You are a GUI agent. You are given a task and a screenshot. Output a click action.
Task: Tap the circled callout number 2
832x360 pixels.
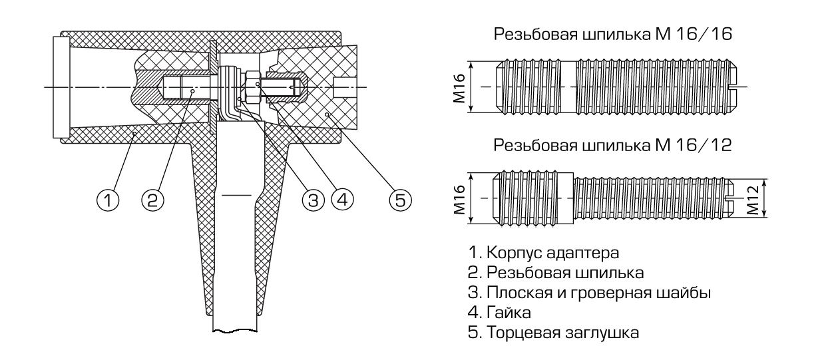coord(152,198)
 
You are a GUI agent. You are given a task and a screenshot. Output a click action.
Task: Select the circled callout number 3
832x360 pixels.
coord(312,198)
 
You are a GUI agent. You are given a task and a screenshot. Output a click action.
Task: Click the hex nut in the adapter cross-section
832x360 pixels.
coord(254,85)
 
